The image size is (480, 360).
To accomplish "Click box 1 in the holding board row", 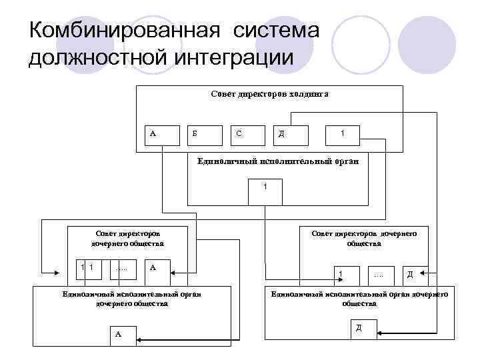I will click(x=343, y=135).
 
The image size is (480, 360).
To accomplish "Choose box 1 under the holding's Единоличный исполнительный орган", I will click(x=265, y=191).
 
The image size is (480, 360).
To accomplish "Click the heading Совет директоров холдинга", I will click(x=269, y=95).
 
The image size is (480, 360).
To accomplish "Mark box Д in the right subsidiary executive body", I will click(x=363, y=329).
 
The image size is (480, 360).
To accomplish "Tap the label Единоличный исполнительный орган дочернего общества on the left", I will click(x=130, y=298).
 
